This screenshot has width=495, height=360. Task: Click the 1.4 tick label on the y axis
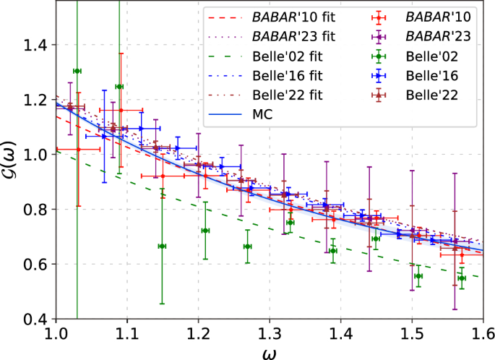click(x=33, y=45)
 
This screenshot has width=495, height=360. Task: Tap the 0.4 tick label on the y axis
click(x=33, y=320)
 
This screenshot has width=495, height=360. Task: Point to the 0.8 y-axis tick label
click(x=33, y=210)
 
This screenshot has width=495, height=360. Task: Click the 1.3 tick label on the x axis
click(x=269, y=335)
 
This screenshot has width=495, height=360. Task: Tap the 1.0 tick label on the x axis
click(x=55, y=335)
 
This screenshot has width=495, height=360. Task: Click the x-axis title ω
click(x=269, y=352)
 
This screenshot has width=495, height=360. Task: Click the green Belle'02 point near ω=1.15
click(x=162, y=247)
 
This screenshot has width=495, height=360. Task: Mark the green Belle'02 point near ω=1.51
click(x=418, y=276)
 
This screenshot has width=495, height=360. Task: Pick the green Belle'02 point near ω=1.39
click(x=333, y=251)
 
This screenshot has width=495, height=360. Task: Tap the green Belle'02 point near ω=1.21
click(x=205, y=231)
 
